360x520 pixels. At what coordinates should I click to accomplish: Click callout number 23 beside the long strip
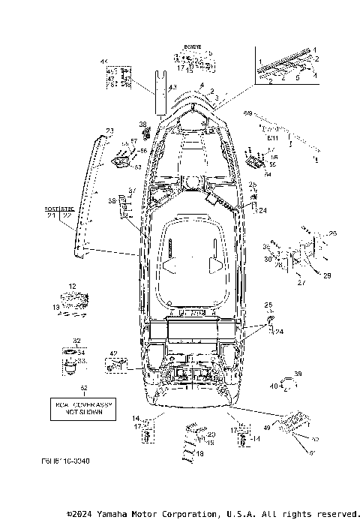coord(109,131)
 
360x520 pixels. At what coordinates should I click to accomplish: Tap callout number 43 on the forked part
coord(172,88)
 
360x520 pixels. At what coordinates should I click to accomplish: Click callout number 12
coord(73,286)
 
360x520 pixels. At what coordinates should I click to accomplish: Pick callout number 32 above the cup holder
coord(76,340)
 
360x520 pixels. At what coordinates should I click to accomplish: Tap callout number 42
coord(112,353)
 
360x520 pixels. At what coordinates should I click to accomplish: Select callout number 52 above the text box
coord(84,388)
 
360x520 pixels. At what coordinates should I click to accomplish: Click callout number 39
coord(297,374)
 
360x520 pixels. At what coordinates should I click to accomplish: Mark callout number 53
coord(137,167)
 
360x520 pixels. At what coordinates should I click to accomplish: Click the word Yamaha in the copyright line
coord(113,514)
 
